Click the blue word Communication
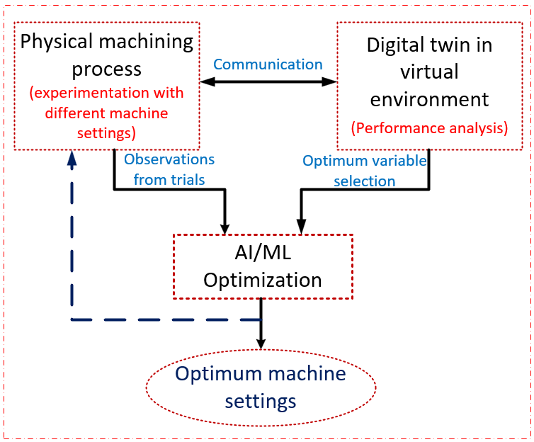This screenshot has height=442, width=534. [268, 64]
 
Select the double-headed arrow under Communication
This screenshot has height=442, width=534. [268, 81]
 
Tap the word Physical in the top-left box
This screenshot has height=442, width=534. [57, 42]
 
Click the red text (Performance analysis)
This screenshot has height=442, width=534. [429, 128]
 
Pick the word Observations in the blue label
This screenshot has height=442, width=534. [169, 159]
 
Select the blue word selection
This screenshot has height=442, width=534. [365, 181]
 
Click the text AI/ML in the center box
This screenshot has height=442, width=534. [263, 253]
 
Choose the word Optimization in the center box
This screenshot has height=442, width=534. [263, 280]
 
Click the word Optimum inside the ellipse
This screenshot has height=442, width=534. [218, 374]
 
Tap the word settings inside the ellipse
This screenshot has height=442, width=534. [261, 401]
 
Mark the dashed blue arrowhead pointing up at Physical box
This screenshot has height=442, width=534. [72, 159]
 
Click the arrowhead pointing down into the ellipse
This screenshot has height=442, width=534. [261, 341]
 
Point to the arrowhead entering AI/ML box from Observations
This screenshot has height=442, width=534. [225, 227]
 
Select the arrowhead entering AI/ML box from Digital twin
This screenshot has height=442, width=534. [301, 227]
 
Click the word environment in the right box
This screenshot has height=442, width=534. [429, 99]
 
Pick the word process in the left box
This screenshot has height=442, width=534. [107, 70]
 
